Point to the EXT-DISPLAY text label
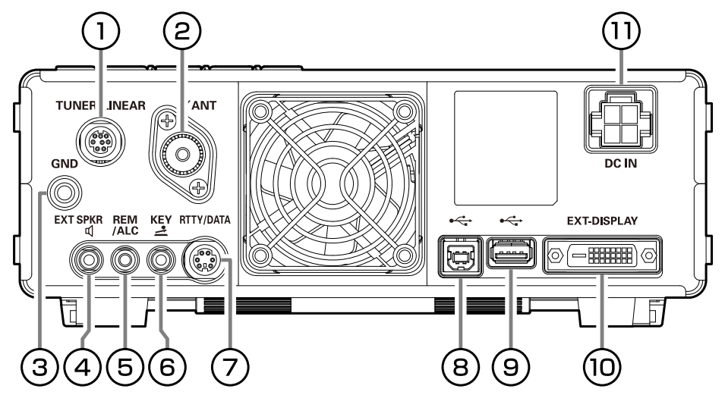point(602,221)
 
